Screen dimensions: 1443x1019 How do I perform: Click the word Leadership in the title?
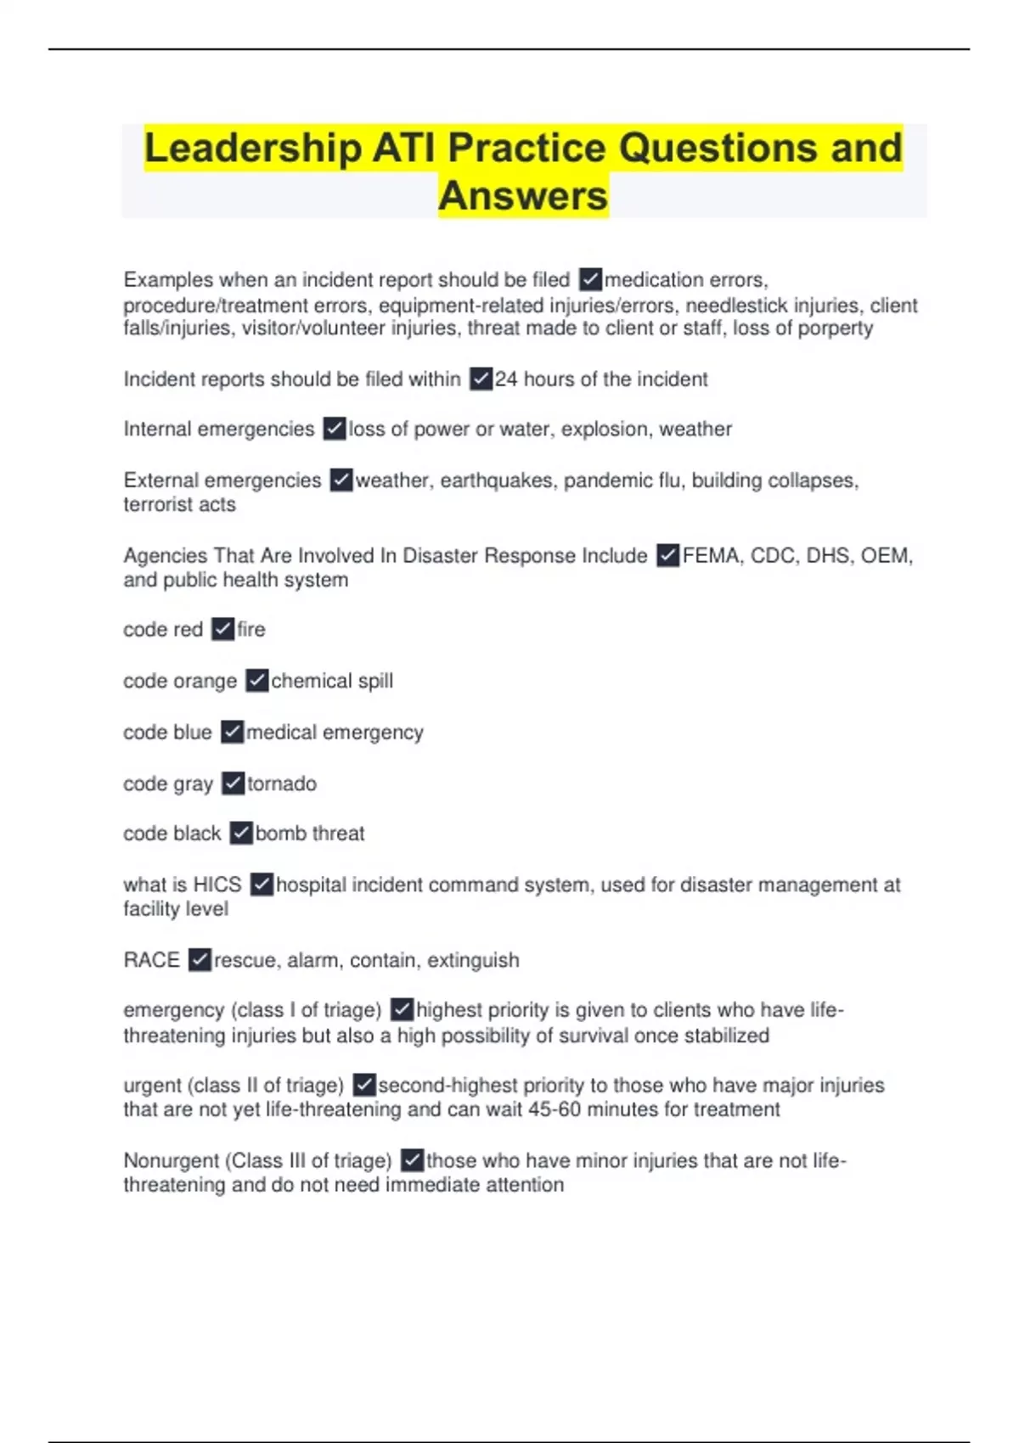[253, 149]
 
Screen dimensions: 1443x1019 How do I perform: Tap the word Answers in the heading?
[523, 196]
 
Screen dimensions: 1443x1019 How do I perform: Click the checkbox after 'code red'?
[222, 629]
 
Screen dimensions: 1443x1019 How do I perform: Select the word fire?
[251, 629]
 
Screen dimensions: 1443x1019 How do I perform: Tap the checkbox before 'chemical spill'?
[256, 681]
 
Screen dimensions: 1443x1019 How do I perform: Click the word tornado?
[282, 783]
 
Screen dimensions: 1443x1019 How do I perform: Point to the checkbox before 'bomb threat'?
[241, 834]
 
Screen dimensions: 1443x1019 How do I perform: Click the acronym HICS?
[217, 884]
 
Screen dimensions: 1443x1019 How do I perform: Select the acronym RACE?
[151, 960]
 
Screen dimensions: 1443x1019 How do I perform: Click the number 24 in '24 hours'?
[506, 379]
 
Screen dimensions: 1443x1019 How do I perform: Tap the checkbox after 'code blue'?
[232, 732]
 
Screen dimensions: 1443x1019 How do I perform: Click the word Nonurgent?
[170, 1160]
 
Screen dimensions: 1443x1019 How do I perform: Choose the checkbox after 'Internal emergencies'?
[335, 429]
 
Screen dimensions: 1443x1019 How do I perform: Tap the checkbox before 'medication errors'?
[590, 279]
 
